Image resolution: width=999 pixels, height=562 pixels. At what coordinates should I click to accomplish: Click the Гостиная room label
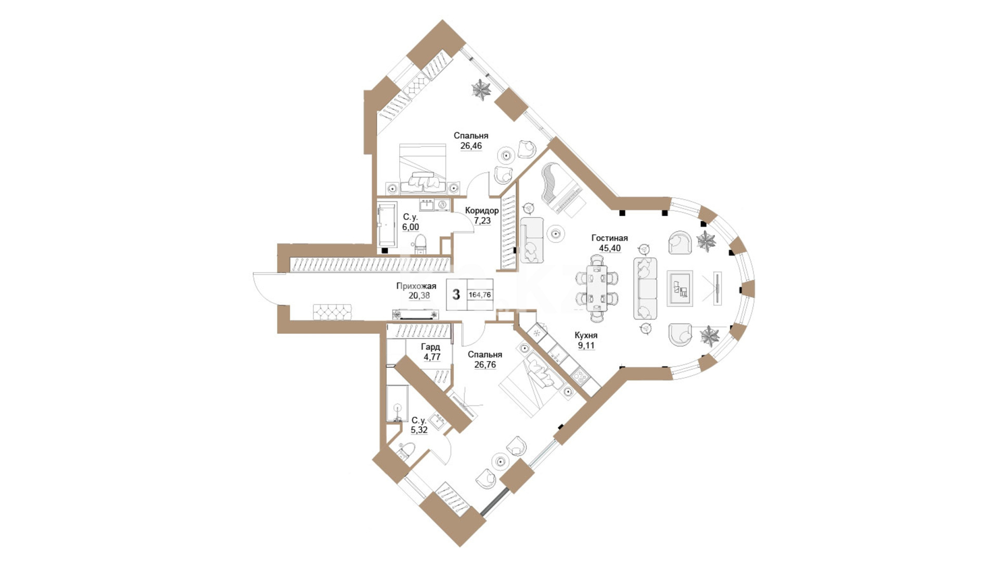609,238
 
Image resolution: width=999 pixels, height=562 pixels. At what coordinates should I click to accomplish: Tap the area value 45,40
609,248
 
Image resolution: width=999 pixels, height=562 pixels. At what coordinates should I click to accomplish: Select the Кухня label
586,336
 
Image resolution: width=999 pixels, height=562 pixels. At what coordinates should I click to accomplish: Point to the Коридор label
482,211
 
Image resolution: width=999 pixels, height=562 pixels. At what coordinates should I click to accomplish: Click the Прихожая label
416,286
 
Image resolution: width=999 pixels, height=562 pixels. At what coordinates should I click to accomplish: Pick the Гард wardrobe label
430,347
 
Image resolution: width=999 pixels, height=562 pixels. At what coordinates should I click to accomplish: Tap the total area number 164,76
480,295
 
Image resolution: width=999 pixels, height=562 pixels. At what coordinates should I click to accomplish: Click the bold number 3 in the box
456,295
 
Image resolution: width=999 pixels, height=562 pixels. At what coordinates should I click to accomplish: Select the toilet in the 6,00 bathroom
420,244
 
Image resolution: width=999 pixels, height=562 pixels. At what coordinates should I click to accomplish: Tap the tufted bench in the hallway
334,312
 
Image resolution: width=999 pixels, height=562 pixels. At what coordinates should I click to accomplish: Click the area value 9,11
586,346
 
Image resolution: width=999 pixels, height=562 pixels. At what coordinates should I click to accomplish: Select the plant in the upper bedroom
481,90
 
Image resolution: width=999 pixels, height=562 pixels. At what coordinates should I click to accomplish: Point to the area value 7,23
482,221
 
